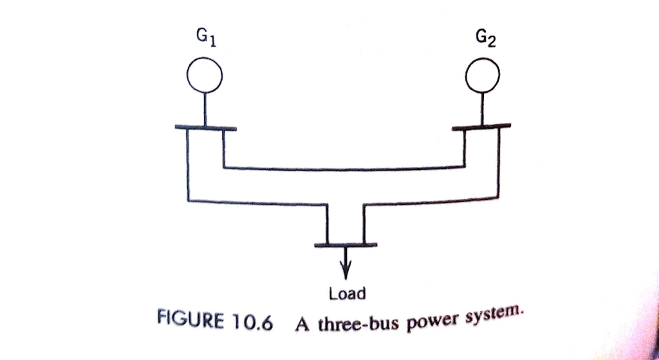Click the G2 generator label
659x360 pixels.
coord(484,41)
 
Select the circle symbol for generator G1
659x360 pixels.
coord(205,77)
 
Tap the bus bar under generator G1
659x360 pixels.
coord(205,128)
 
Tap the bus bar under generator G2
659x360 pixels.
coord(481,126)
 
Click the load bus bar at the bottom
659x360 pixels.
coord(346,245)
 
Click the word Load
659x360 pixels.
coord(347,294)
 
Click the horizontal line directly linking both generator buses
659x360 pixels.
coord(344,168)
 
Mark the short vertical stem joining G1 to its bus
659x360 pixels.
coord(205,109)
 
